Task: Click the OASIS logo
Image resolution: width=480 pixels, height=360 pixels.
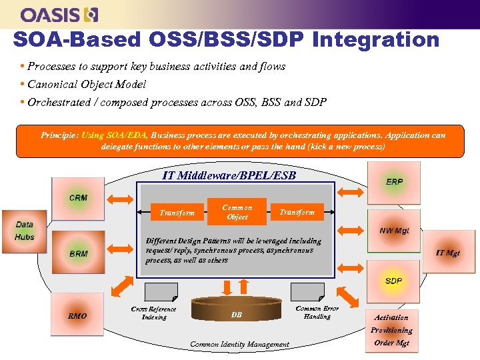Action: [60, 14]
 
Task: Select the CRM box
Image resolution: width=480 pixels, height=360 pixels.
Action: [78, 198]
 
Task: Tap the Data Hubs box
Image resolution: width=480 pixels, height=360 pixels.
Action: [25, 231]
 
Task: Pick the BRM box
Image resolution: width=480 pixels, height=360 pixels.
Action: [78, 253]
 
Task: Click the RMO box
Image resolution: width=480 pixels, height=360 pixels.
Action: [77, 315]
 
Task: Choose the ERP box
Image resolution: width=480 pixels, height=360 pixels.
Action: [394, 182]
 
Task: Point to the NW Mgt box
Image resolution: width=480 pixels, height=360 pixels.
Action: [394, 231]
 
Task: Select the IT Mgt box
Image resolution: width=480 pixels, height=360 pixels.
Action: [447, 253]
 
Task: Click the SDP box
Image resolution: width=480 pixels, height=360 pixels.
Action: [394, 281]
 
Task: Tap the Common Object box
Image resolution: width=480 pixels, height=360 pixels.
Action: [237, 212]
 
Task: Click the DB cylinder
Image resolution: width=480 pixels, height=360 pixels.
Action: [236, 314]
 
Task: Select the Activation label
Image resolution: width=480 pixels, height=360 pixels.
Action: [392, 318]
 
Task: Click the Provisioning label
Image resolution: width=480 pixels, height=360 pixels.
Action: [392, 330]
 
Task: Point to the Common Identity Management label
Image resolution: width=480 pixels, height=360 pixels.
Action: [239, 344]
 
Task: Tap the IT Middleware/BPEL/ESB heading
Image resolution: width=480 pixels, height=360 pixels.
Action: [229, 176]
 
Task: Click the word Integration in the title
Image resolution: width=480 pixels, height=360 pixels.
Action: [375, 39]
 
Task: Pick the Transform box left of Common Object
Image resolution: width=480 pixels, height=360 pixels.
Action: [177, 213]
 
